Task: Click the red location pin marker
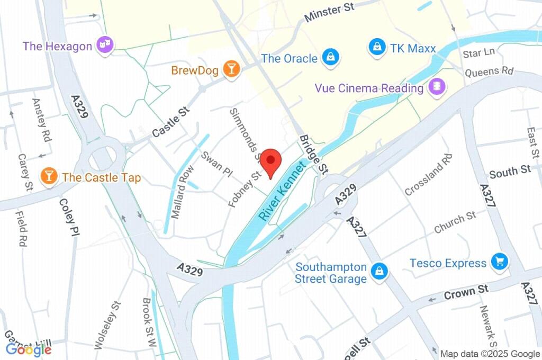coord(272,160)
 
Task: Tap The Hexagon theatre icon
coord(105,46)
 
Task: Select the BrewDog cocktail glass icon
coord(231,69)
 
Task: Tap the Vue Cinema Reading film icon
coord(437,86)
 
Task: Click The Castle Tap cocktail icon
coord(49,176)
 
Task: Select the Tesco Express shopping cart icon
coord(499,261)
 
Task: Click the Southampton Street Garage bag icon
coord(379,272)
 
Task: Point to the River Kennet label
coord(283,192)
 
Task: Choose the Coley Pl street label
coord(69,217)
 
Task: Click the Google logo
coord(28,349)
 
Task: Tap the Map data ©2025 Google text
coord(490,353)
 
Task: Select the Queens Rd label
coord(489,71)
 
